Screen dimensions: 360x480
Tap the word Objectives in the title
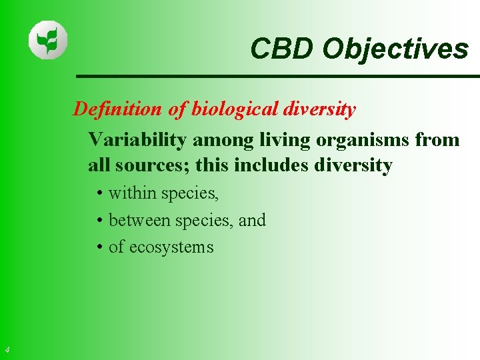click(395, 49)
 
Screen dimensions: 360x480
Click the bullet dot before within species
click(98, 194)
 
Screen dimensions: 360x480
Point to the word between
click(137, 220)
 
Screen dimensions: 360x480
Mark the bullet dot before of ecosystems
click(98, 247)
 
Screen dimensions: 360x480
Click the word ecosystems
click(171, 247)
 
